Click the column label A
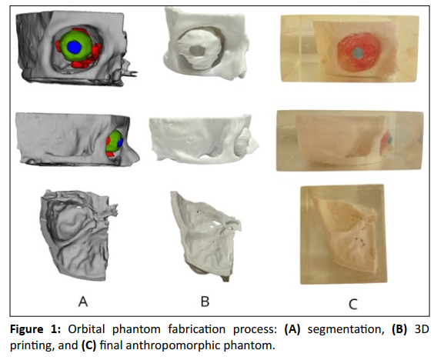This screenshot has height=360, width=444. point(82,302)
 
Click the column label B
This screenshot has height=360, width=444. point(205,302)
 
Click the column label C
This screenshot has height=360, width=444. point(353,305)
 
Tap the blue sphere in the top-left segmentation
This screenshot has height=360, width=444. point(75,47)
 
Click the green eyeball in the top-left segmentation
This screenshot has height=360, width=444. point(76,46)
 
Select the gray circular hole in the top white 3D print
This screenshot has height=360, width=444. point(197,51)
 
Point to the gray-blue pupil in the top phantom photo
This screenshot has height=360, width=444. point(359,52)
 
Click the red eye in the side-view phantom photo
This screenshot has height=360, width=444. point(386,140)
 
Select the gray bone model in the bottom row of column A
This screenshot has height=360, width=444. point(76,235)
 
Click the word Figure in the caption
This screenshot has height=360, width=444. point(27,330)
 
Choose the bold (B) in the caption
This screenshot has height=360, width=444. point(399,329)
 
